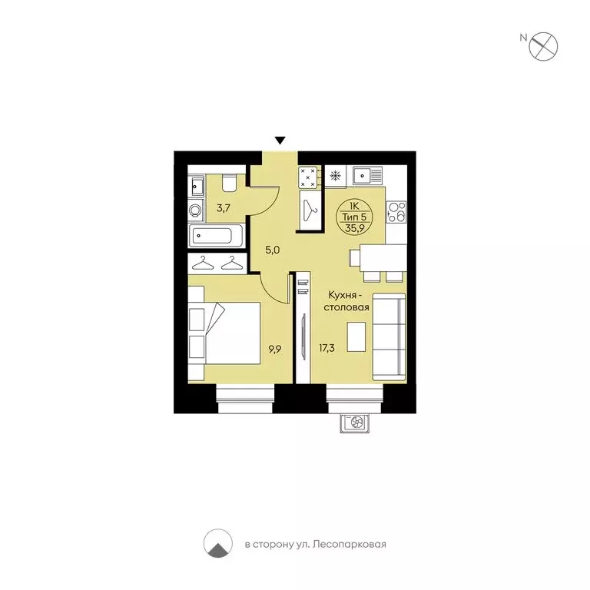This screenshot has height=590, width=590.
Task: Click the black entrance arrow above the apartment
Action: [280, 140]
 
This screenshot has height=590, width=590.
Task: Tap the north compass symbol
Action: [546, 44]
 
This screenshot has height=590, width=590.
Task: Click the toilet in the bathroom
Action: [228, 184]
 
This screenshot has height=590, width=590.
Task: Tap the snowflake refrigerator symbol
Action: [336, 175]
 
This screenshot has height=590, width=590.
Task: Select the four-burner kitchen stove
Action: [309, 177]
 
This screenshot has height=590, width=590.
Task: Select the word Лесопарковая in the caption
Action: [353, 545]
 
